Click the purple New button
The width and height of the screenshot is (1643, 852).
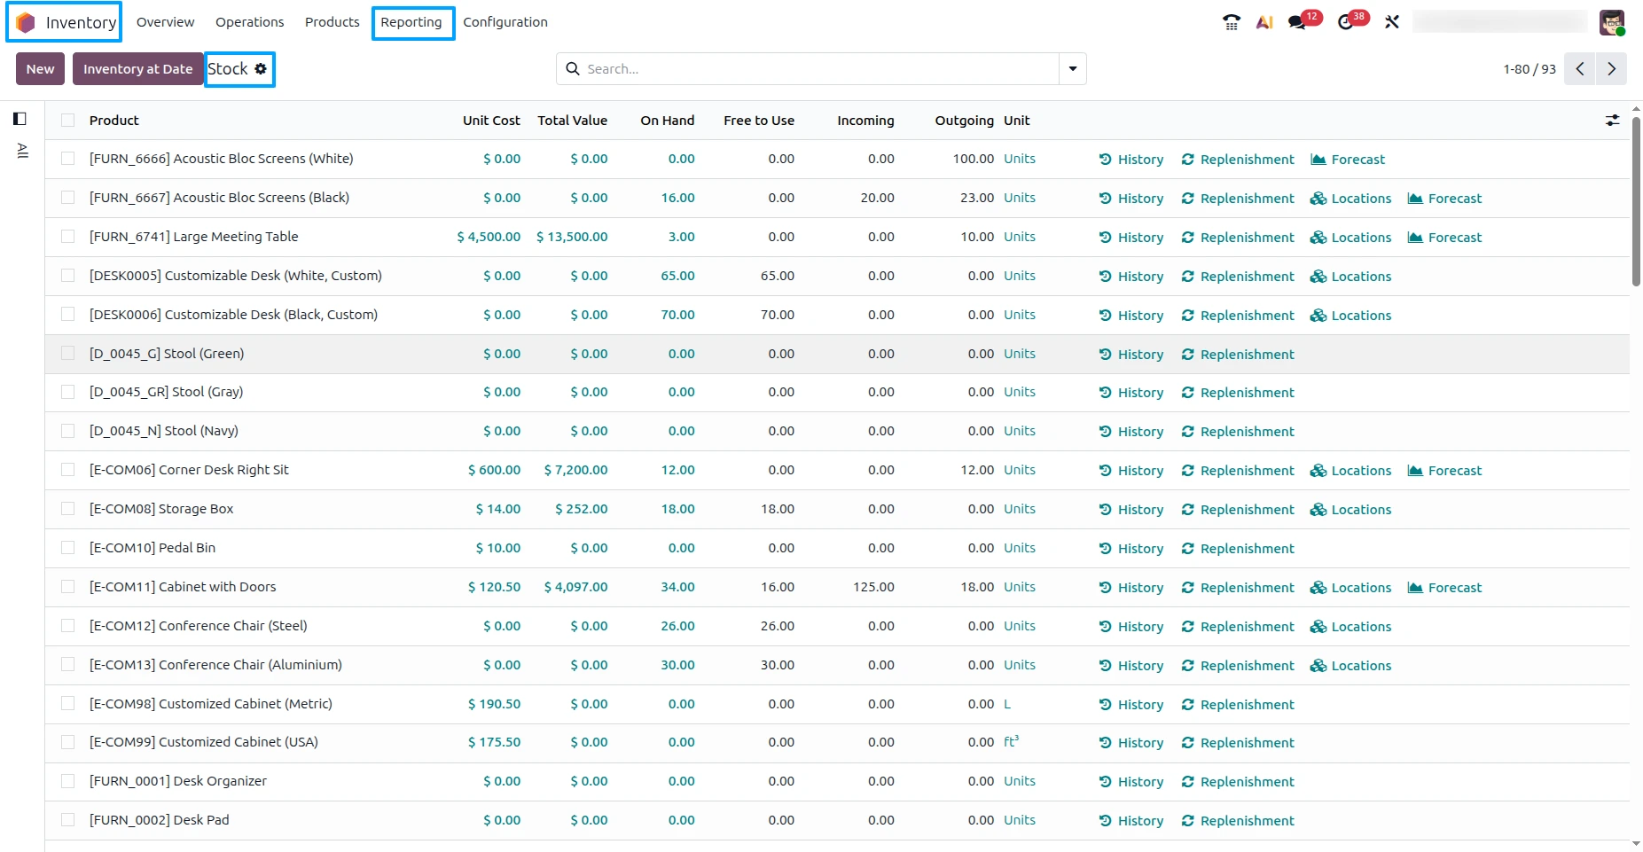tap(40, 69)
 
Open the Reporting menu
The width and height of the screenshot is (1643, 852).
tap(411, 22)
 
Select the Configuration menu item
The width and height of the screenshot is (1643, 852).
tap(505, 22)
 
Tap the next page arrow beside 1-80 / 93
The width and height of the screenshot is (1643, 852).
tap(1611, 69)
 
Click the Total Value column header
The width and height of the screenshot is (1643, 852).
tap(572, 121)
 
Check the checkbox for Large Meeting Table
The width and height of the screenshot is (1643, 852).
tap(67, 237)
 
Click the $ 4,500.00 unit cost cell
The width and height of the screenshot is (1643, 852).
tap(489, 237)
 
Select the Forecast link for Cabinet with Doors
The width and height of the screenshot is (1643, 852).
tap(1445, 588)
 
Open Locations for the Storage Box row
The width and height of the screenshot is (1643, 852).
tap(1351, 510)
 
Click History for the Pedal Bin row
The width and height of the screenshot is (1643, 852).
tap(1131, 549)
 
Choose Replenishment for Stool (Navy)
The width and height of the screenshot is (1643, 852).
tap(1238, 432)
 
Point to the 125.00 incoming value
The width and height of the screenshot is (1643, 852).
tap(873, 587)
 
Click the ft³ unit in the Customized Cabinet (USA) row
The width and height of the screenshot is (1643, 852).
tap(1011, 742)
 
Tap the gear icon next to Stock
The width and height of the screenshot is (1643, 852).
tap(261, 68)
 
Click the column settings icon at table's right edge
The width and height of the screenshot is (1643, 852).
tap(1612, 121)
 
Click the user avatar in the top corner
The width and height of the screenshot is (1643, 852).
tap(1612, 22)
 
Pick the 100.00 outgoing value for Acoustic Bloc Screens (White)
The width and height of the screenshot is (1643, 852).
tap(974, 159)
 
